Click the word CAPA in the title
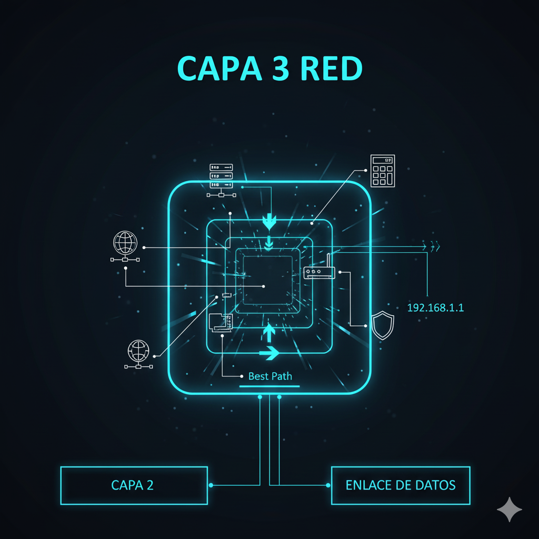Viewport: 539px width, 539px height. point(219,68)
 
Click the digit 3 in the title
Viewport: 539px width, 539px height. point(281,68)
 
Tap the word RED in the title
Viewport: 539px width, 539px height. point(332,68)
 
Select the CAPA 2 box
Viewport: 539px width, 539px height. point(134,485)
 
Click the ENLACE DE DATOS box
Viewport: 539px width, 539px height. point(401,485)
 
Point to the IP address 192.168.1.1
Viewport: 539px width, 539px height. point(435,307)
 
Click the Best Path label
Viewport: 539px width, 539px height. point(270,376)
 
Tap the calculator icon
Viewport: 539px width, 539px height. point(383,171)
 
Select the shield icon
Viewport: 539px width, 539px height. point(383,325)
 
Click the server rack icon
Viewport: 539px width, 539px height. point(221,181)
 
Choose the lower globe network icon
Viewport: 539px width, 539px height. point(138,354)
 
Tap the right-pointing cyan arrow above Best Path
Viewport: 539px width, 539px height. point(269,353)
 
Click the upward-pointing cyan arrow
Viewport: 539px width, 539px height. point(269,333)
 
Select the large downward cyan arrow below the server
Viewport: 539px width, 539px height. point(269,222)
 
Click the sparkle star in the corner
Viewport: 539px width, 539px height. point(510,510)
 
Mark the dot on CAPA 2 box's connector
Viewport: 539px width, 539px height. point(211,485)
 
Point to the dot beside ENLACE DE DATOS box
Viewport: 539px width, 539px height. point(328,485)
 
